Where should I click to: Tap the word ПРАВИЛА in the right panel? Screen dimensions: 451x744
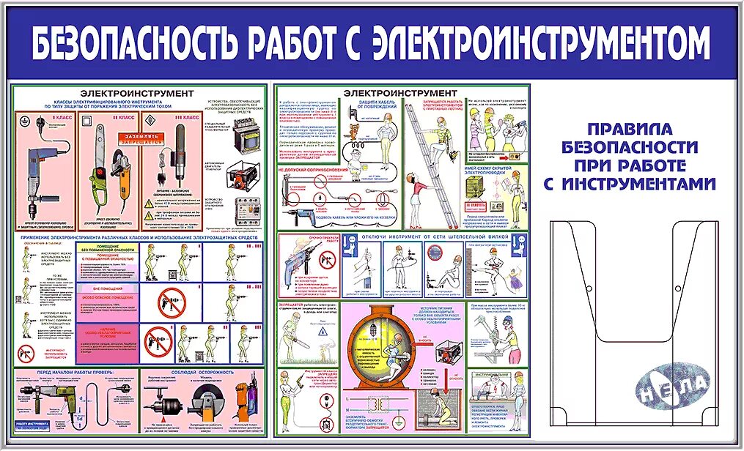(630, 129)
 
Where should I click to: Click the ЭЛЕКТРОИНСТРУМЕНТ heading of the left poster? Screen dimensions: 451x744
(137, 94)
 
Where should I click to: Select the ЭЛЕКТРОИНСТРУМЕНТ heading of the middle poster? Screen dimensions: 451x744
(400, 93)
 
